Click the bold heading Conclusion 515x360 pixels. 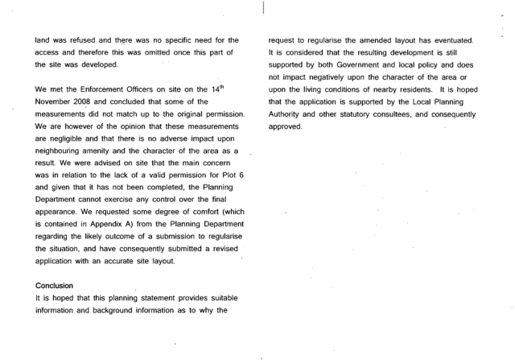tap(55, 285)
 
